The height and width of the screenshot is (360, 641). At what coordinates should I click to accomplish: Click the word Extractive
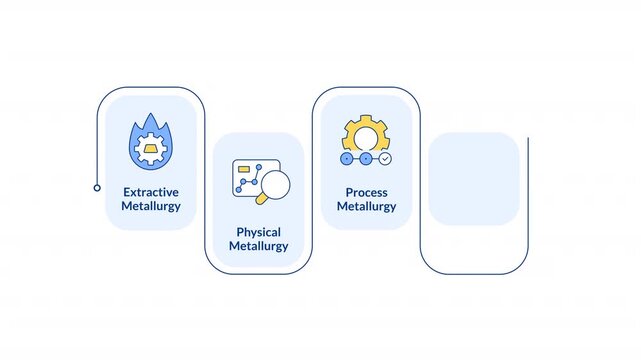(x=151, y=192)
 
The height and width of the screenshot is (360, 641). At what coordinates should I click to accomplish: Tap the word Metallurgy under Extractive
(x=151, y=206)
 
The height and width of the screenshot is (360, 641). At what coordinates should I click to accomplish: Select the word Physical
(x=258, y=233)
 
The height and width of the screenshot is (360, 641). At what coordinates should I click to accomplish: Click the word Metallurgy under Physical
(x=258, y=246)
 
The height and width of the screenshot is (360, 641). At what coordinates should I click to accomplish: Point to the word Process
(x=366, y=192)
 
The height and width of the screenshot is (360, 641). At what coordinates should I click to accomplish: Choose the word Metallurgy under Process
(x=366, y=206)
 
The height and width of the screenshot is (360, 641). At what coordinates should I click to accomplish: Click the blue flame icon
(x=151, y=141)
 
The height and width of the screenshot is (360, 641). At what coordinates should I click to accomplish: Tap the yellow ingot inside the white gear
(x=150, y=149)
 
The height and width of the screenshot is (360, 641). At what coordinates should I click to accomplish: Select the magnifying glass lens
(x=276, y=185)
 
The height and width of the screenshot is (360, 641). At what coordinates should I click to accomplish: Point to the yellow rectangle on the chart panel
(x=244, y=169)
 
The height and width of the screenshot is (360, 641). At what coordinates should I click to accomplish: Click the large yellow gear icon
(x=365, y=134)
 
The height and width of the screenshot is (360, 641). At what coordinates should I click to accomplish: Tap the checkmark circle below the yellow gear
(x=385, y=159)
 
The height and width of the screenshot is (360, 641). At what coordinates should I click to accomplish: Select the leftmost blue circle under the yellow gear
(x=347, y=159)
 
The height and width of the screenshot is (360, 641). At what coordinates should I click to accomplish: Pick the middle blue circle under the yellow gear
(x=366, y=159)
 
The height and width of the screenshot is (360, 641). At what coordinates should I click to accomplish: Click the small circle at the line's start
(x=97, y=188)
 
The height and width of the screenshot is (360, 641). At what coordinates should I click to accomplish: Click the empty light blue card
(x=474, y=179)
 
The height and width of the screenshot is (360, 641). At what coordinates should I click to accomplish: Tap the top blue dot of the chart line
(x=259, y=167)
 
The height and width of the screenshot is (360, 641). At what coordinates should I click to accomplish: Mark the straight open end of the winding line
(x=528, y=138)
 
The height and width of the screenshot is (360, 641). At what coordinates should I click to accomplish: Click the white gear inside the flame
(x=150, y=149)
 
